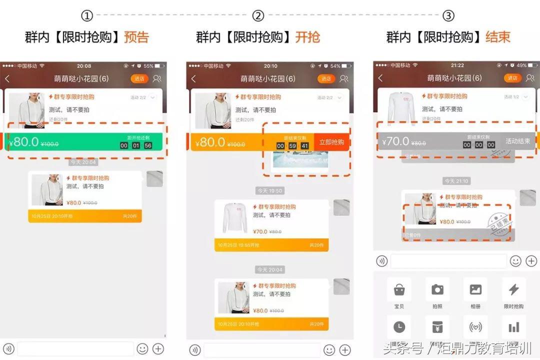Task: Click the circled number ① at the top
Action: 87,15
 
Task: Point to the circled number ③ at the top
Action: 448,15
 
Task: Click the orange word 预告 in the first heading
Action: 136,37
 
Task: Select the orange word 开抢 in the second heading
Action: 307,37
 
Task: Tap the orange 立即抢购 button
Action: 331,142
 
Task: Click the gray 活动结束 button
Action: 517,141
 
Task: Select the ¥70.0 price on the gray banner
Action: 396,141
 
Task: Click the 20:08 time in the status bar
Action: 84,66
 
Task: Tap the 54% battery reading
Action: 335,66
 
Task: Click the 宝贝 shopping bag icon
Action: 399,289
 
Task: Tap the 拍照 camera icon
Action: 437,289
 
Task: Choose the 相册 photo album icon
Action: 475,289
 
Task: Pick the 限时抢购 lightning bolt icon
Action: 513,289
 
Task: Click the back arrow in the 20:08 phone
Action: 7,78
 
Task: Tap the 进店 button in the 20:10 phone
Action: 326,78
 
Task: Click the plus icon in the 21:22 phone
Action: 531,260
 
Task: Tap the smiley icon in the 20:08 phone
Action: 142,348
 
